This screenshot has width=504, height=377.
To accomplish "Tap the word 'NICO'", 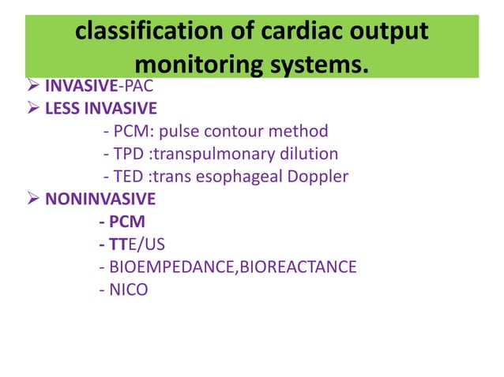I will [129, 290].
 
